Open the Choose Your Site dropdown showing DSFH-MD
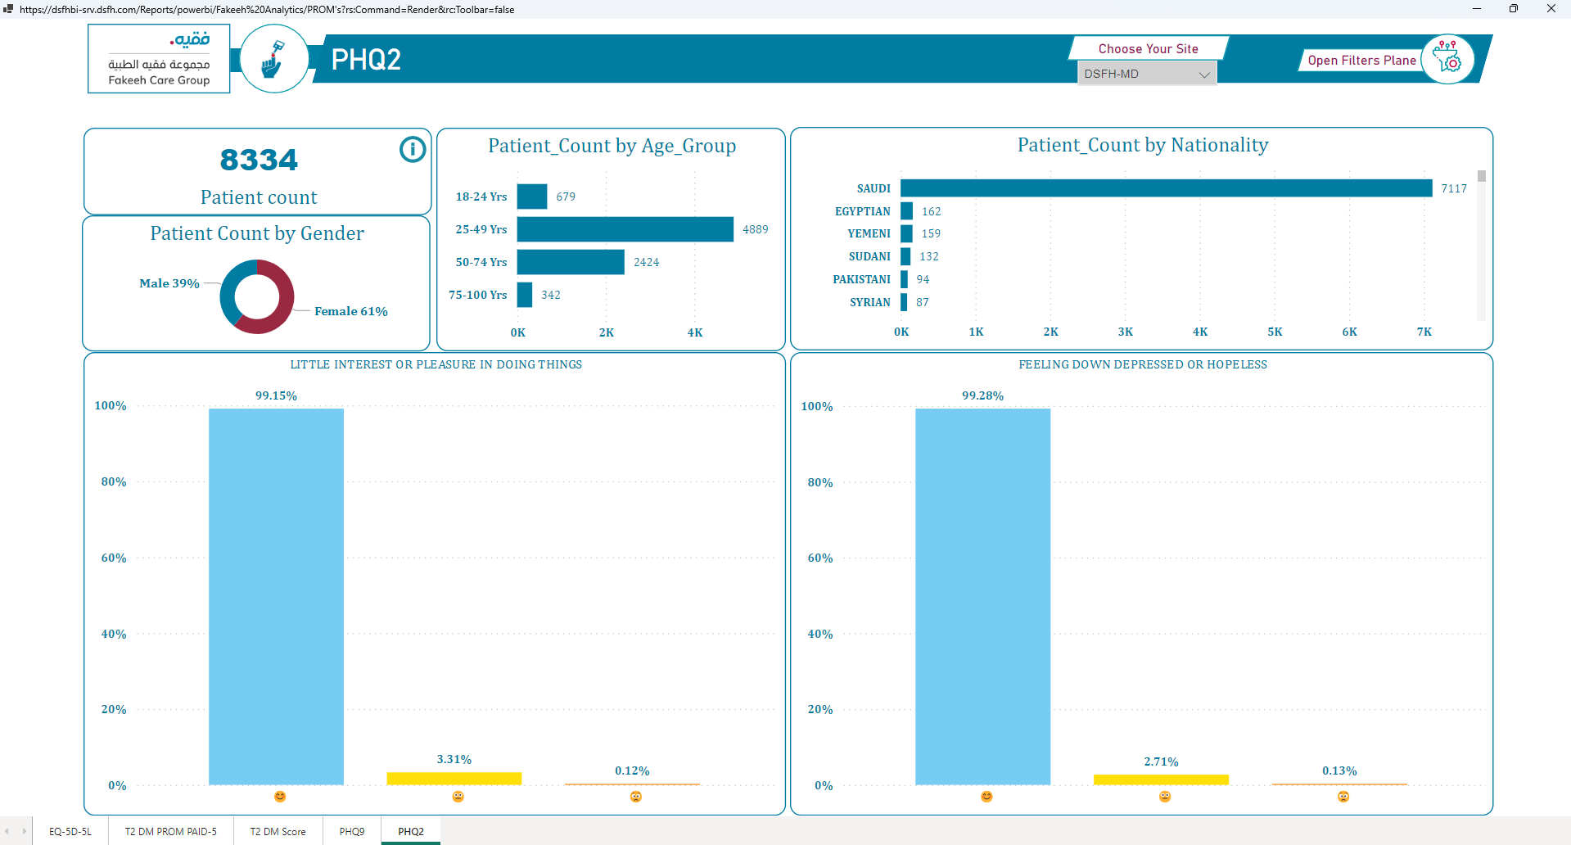point(1146,74)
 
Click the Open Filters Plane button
point(1361,61)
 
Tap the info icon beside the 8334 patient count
point(413,149)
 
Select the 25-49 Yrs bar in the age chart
point(625,229)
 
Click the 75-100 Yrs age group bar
point(525,295)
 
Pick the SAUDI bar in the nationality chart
point(1167,188)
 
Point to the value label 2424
point(646,262)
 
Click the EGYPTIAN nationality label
point(863,211)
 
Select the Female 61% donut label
point(351,311)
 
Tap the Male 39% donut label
point(169,283)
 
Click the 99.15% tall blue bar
point(276,597)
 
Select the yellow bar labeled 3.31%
point(454,779)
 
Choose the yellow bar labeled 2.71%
point(1161,779)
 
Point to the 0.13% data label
point(1339,770)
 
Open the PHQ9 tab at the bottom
point(352,831)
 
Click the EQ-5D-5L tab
point(70,831)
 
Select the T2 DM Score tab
point(278,831)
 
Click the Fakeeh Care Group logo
point(159,59)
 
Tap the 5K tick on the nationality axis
point(1275,332)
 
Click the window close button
point(1551,9)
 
